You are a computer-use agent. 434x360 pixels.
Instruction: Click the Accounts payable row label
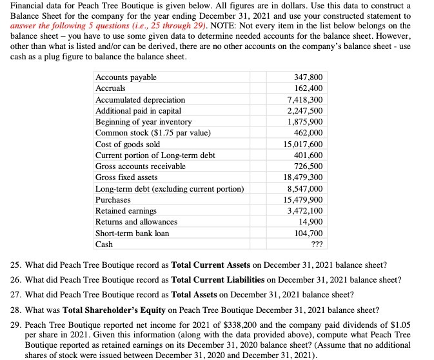126,77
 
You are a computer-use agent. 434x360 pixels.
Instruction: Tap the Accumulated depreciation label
140,100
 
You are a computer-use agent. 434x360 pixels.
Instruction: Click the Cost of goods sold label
127,145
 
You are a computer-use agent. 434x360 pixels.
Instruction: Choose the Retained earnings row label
126,211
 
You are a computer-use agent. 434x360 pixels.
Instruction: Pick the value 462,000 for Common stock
310,133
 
